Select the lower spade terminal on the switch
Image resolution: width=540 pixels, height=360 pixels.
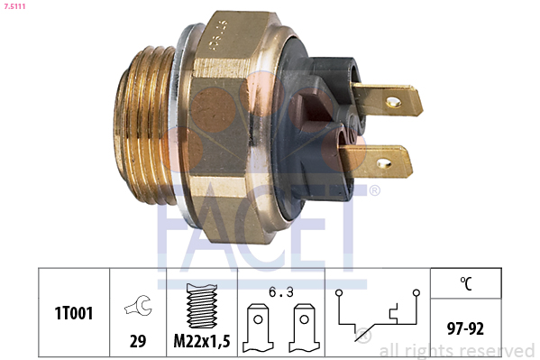click(x=380, y=163)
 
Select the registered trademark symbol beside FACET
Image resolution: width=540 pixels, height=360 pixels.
click(x=375, y=190)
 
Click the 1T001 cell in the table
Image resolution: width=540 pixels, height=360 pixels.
click(x=73, y=312)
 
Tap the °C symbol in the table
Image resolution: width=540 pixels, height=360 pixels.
click(x=466, y=282)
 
